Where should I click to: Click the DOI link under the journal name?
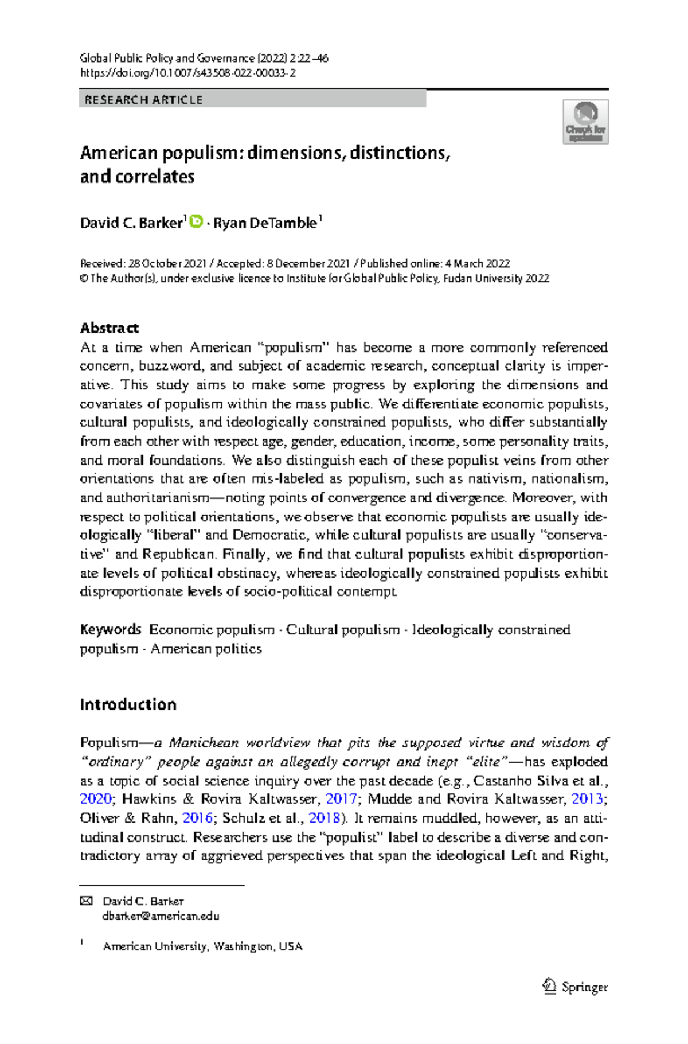(x=187, y=73)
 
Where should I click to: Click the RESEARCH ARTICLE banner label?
(x=143, y=100)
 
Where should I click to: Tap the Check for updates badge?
(x=585, y=122)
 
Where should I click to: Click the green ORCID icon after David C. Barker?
(x=196, y=221)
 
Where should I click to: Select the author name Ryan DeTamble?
(x=265, y=223)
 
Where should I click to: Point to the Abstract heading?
(x=109, y=328)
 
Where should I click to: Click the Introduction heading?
(x=128, y=704)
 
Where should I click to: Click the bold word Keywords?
(x=110, y=629)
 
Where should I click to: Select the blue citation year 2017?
(x=341, y=799)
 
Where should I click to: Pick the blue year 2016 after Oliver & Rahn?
(x=197, y=818)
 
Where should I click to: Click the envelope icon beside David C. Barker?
(x=86, y=901)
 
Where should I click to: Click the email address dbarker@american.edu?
(x=161, y=916)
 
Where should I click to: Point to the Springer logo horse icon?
(x=549, y=986)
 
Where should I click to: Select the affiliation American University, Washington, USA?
(x=202, y=947)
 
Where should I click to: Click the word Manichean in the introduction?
(x=204, y=743)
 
